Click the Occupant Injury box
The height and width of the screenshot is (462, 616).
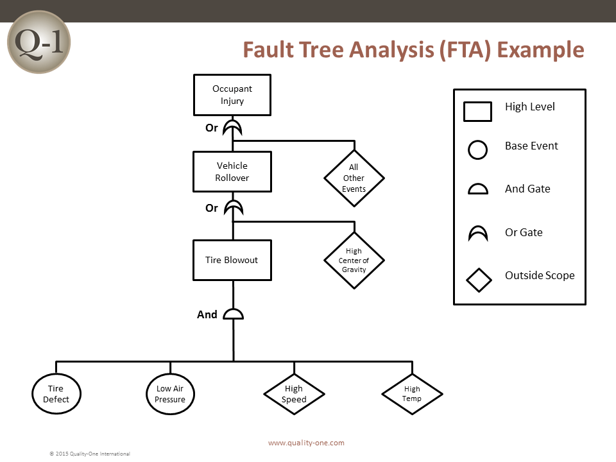coord(232,95)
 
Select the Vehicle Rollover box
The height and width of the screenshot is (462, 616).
coord(232,172)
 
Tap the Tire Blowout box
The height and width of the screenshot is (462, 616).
coord(232,260)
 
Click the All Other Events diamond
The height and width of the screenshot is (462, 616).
coord(354,178)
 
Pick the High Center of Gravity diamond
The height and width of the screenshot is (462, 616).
coord(354,261)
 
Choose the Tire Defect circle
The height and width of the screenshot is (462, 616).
coord(56,393)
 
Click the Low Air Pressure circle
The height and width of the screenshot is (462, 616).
coord(170,393)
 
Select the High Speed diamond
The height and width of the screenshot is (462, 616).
coord(295,394)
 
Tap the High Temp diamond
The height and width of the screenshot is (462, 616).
coord(412,394)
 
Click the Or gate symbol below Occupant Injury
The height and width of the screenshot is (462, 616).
coord(232,128)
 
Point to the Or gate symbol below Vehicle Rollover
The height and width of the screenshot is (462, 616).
coord(234,208)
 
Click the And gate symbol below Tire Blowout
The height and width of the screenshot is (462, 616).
coord(234,314)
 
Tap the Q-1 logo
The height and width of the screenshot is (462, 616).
coord(39,42)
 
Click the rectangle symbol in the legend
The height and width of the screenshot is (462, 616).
coord(477,112)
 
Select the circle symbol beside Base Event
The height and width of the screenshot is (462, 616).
coord(477,150)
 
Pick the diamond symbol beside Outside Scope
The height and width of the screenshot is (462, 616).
coord(479,280)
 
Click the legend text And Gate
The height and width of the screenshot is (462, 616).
coord(527,189)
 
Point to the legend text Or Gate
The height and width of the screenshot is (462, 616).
coord(524,232)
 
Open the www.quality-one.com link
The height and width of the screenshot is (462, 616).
coord(307,443)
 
